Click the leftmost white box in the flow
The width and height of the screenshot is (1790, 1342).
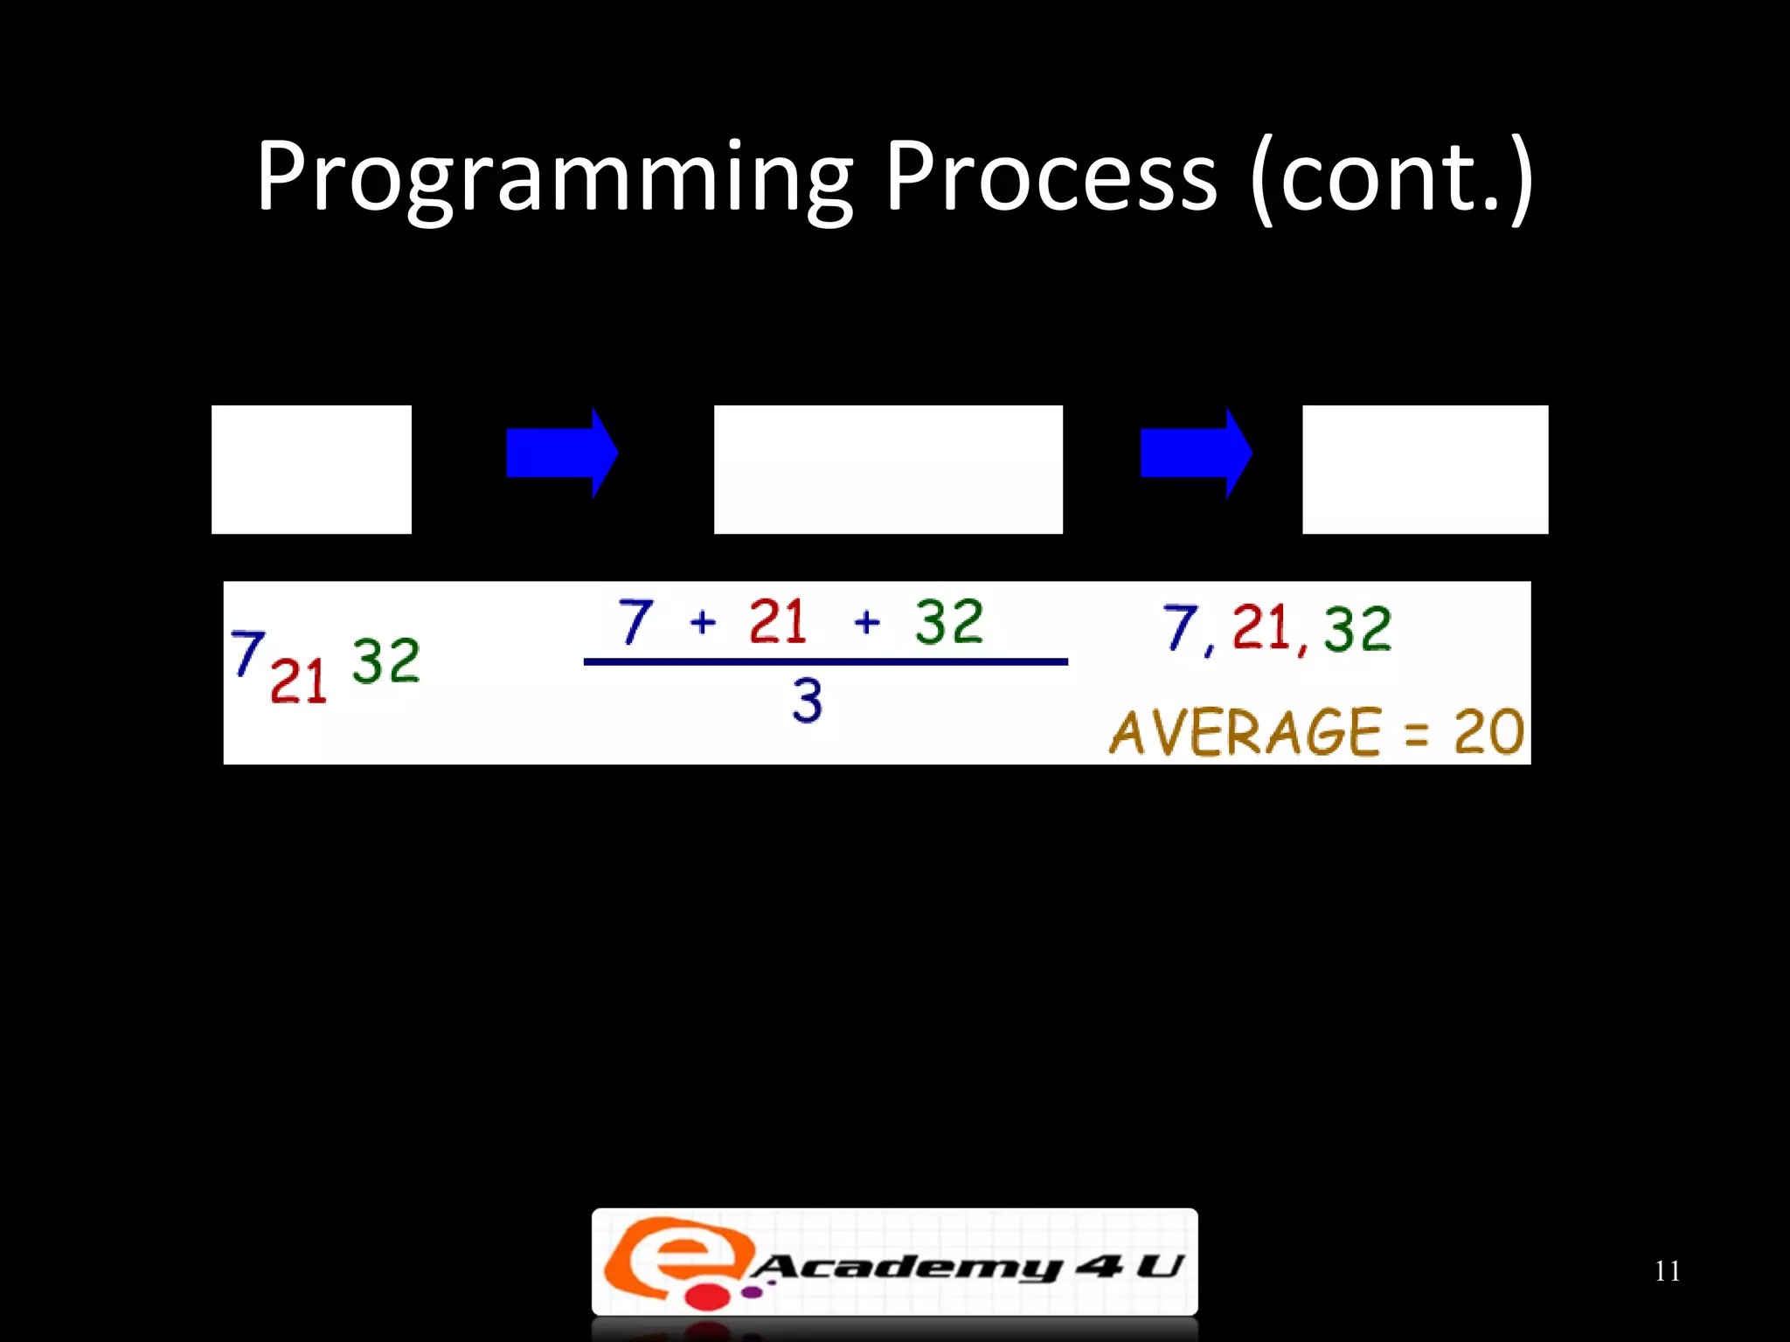(311, 469)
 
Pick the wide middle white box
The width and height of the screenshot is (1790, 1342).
(888, 469)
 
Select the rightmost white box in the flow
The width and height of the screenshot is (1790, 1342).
(1425, 469)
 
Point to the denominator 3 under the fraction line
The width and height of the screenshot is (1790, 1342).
(808, 700)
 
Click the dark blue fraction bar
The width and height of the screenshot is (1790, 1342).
(825, 661)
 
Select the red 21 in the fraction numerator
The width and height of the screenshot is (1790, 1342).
(777, 622)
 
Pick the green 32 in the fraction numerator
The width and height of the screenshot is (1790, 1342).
(949, 622)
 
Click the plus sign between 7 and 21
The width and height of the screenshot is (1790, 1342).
(703, 623)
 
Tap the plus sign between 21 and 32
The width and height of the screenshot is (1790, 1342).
(866, 623)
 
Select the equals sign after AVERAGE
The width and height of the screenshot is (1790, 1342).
(1416, 734)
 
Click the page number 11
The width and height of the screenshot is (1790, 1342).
(1667, 1271)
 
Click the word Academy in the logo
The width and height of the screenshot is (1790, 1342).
(905, 1267)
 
